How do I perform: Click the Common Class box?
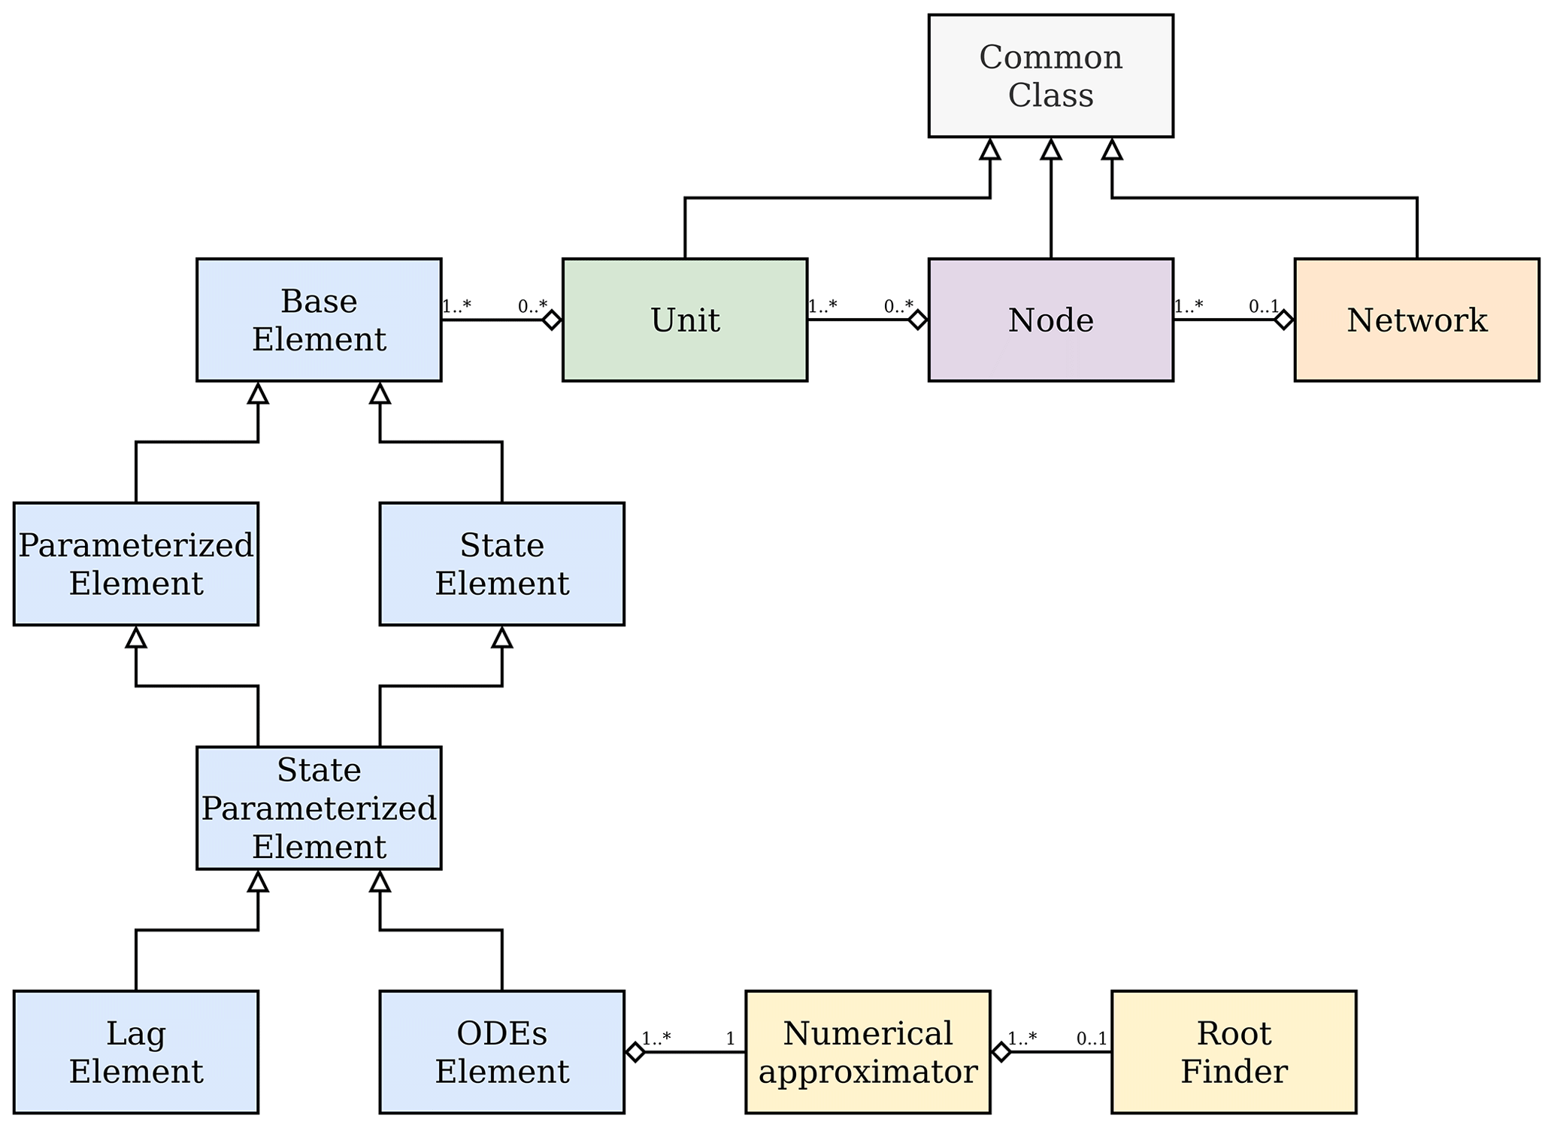pyautogui.click(x=1050, y=76)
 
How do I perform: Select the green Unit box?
pyautogui.click(x=685, y=320)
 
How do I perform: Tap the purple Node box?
pyautogui.click(x=1050, y=320)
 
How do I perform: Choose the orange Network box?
pyautogui.click(x=1416, y=320)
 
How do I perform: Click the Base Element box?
pyautogui.click(x=319, y=320)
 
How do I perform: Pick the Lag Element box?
pyautogui.click(x=136, y=1052)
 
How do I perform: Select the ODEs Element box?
pyautogui.click(x=501, y=1052)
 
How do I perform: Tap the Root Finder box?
pyautogui.click(x=1234, y=1052)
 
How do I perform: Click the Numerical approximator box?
pyautogui.click(x=868, y=1052)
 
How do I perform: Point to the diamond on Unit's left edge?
pyautogui.click(x=552, y=320)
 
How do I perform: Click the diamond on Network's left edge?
pyautogui.click(x=1284, y=320)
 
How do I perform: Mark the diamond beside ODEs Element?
pyautogui.click(x=635, y=1052)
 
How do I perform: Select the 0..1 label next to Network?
pyautogui.click(x=1263, y=307)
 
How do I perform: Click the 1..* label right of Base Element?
pyautogui.click(x=456, y=307)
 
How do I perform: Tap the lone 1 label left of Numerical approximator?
pyautogui.click(x=730, y=1039)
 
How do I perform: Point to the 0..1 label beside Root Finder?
pyautogui.click(x=1092, y=1039)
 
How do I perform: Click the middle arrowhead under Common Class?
pyautogui.click(x=1051, y=150)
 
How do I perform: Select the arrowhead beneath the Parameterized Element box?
pyautogui.click(x=136, y=638)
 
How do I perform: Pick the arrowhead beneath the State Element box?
pyautogui.click(x=501, y=638)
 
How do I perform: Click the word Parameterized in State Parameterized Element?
pyautogui.click(x=319, y=809)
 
